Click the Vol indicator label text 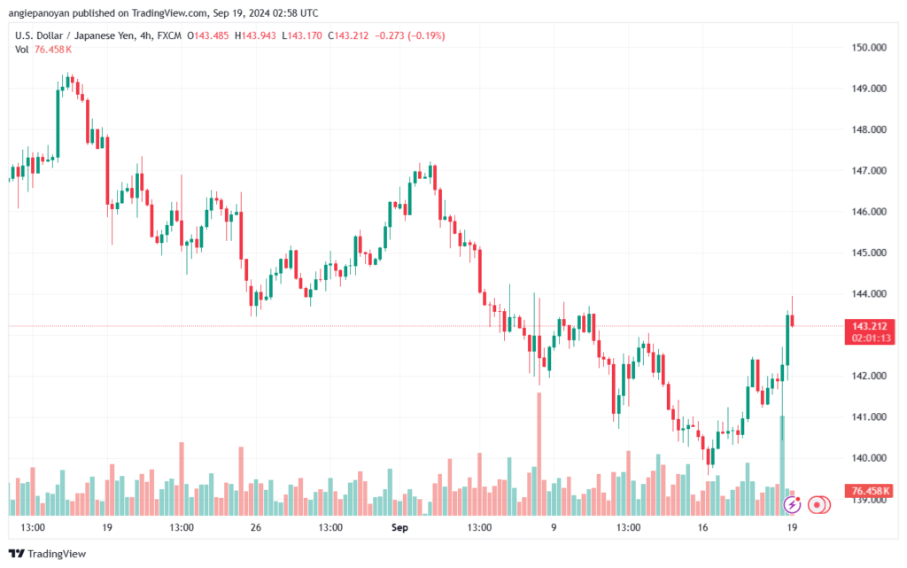pyautogui.click(x=22, y=50)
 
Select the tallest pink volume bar pyautogui.click(x=539, y=452)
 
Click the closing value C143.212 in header pyautogui.click(x=346, y=35)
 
